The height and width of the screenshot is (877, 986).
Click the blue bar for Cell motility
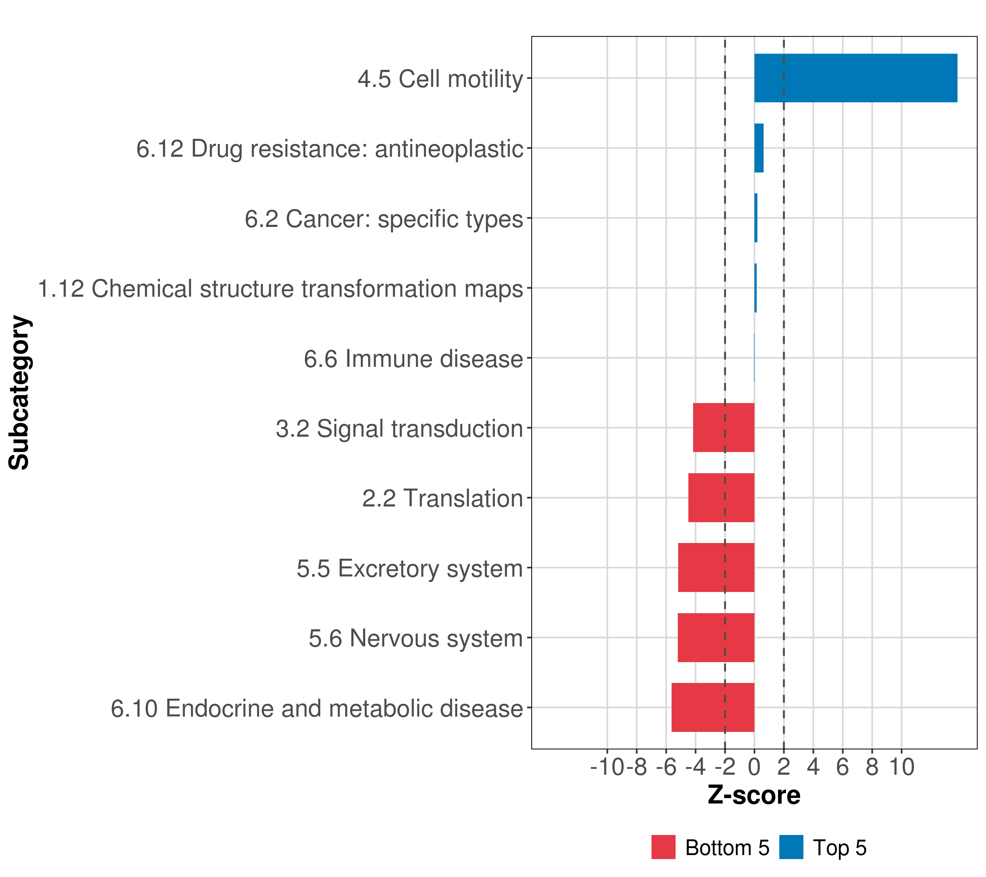(x=855, y=78)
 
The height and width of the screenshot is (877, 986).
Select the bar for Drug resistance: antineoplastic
(x=759, y=148)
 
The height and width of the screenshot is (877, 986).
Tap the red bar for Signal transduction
(x=723, y=428)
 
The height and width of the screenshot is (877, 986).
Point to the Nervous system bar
(x=715, y=638)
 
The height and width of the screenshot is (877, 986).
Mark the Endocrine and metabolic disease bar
(x=712, y=707)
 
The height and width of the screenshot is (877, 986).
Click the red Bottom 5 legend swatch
(x=663, y=847)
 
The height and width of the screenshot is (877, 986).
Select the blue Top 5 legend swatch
(x=791, y=847)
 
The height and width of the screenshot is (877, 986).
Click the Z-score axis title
(x=754, y=796)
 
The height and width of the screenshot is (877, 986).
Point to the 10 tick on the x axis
(x=902, y=767)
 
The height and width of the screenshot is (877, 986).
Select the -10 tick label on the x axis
(x=607, y=767)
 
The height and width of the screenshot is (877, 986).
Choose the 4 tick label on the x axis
(x=813, y=767)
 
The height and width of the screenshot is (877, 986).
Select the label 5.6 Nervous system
(x=416, y=638)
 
